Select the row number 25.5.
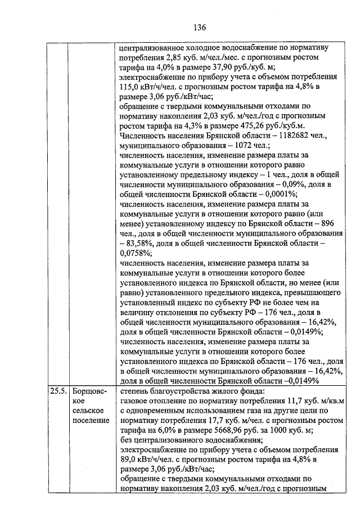point(57,390)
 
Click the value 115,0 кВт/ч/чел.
point(143,87)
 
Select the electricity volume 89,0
point(129,461)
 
